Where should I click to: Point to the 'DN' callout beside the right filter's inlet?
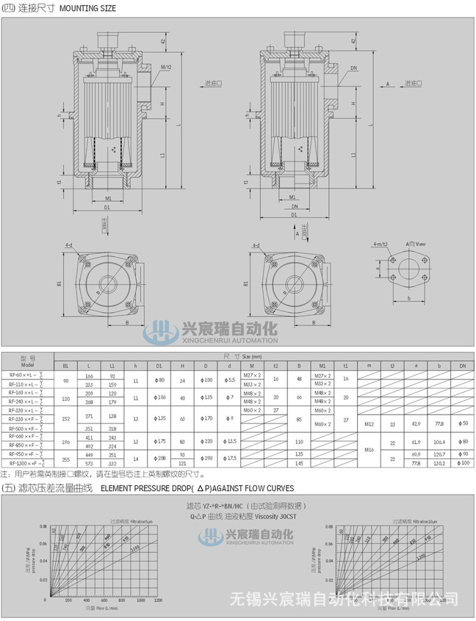pos(353,67)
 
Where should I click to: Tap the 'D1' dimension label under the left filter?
pos(107,207)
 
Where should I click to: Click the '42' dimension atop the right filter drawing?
pos(353,41)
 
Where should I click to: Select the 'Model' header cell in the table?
pos(27,365)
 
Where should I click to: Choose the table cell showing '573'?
pos(89,464)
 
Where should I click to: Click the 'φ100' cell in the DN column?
pos(463,464)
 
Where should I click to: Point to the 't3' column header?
pos(392,366)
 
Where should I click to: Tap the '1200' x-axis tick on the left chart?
pos(157,601)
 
